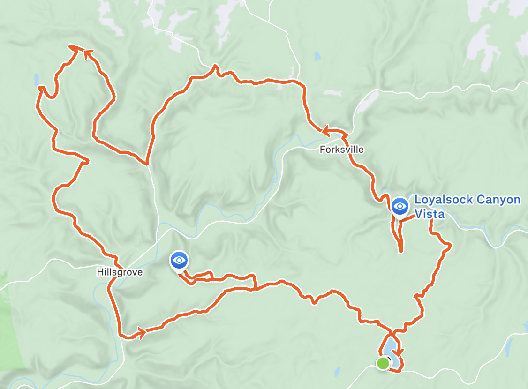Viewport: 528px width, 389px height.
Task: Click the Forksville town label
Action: (x=341, y=150)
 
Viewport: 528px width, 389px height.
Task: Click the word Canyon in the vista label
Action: (x=498, y=200)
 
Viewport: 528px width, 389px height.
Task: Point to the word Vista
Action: (x=429, y=215)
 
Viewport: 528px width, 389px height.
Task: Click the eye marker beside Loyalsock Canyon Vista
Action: (x=400, y=206)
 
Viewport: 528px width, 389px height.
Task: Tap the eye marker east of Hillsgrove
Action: (x=179, y=260)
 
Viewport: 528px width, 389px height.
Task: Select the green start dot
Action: (x=383, y=363)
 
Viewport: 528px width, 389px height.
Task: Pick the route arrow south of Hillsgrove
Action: (x=140, y=334)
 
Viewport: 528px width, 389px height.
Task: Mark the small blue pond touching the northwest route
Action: (x=36, y=80)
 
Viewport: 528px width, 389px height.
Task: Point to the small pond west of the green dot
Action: (x=337, y=373)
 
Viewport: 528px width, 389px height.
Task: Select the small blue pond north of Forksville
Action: (x=317, y=57)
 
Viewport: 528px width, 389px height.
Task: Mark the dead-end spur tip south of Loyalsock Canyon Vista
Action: (x=400, y=251)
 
